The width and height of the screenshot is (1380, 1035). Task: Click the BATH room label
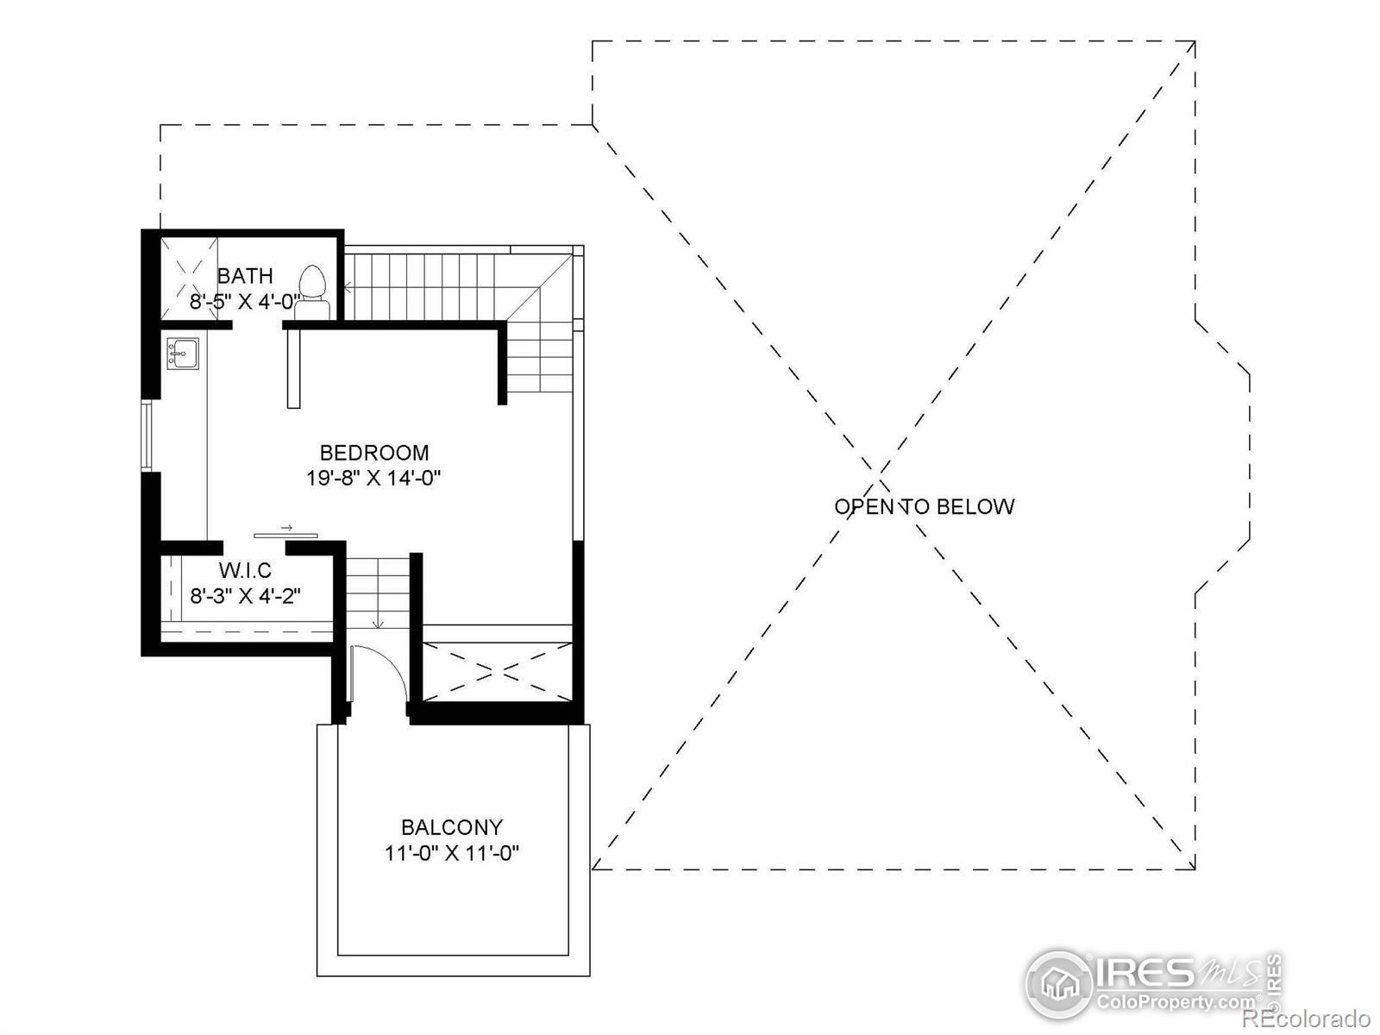click(x=245, y=275)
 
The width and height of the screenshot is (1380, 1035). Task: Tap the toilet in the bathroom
click(x=312, y=292)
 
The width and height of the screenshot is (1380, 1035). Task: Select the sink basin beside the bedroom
click(x=183, y=353)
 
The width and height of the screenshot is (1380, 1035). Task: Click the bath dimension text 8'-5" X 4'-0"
click(x=242, y=302)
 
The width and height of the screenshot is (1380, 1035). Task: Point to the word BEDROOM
click(x=374, y=453)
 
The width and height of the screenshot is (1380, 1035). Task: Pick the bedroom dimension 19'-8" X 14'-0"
click(x=373, y=479)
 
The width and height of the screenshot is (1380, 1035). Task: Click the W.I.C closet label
click(x=245, y=571)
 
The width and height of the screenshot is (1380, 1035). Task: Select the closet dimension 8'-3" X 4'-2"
click(x=245, y=596)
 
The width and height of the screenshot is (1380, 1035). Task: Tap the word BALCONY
click(x=452, y=827)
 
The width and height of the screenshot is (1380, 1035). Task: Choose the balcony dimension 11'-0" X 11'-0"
click(x=452, y=853)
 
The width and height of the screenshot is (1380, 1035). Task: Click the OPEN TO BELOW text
click(x=925, y=506)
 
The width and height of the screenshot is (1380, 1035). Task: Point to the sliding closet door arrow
click(x=286, y=527)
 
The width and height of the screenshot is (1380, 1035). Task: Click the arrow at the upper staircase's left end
click(x=348, y=288)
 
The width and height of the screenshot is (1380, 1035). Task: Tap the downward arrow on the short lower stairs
click(x=378, y=624)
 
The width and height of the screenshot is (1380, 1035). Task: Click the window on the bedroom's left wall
click(x=146, y=436)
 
